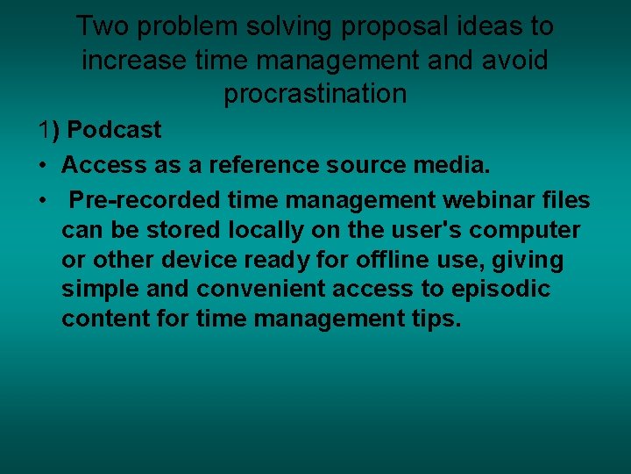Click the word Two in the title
point(100,26)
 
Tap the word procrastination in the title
point(315,94)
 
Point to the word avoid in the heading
point(515,61)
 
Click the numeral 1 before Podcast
point(45,130)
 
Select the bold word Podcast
point(114,130)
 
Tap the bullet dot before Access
point(42,165)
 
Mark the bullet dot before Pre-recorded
point(42,200)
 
